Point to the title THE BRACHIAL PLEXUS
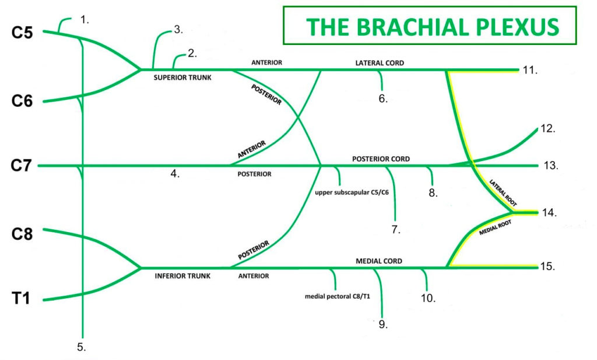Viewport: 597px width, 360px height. (x=432, y=26)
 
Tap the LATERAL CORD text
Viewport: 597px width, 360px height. (x=380, y=62)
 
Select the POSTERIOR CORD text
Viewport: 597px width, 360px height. (x=381, y=159)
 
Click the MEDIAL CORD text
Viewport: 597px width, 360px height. (x=378, y=261)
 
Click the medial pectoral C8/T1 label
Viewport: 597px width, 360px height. (x=338, y=296)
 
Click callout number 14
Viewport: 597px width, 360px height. (x=549, y=213)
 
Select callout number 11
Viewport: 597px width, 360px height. (x=530, y=71)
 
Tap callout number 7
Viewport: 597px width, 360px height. (x=396, y=229)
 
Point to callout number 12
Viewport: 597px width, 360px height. (x=548, y=129)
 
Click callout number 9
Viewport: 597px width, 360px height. (x=382, y=324)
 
